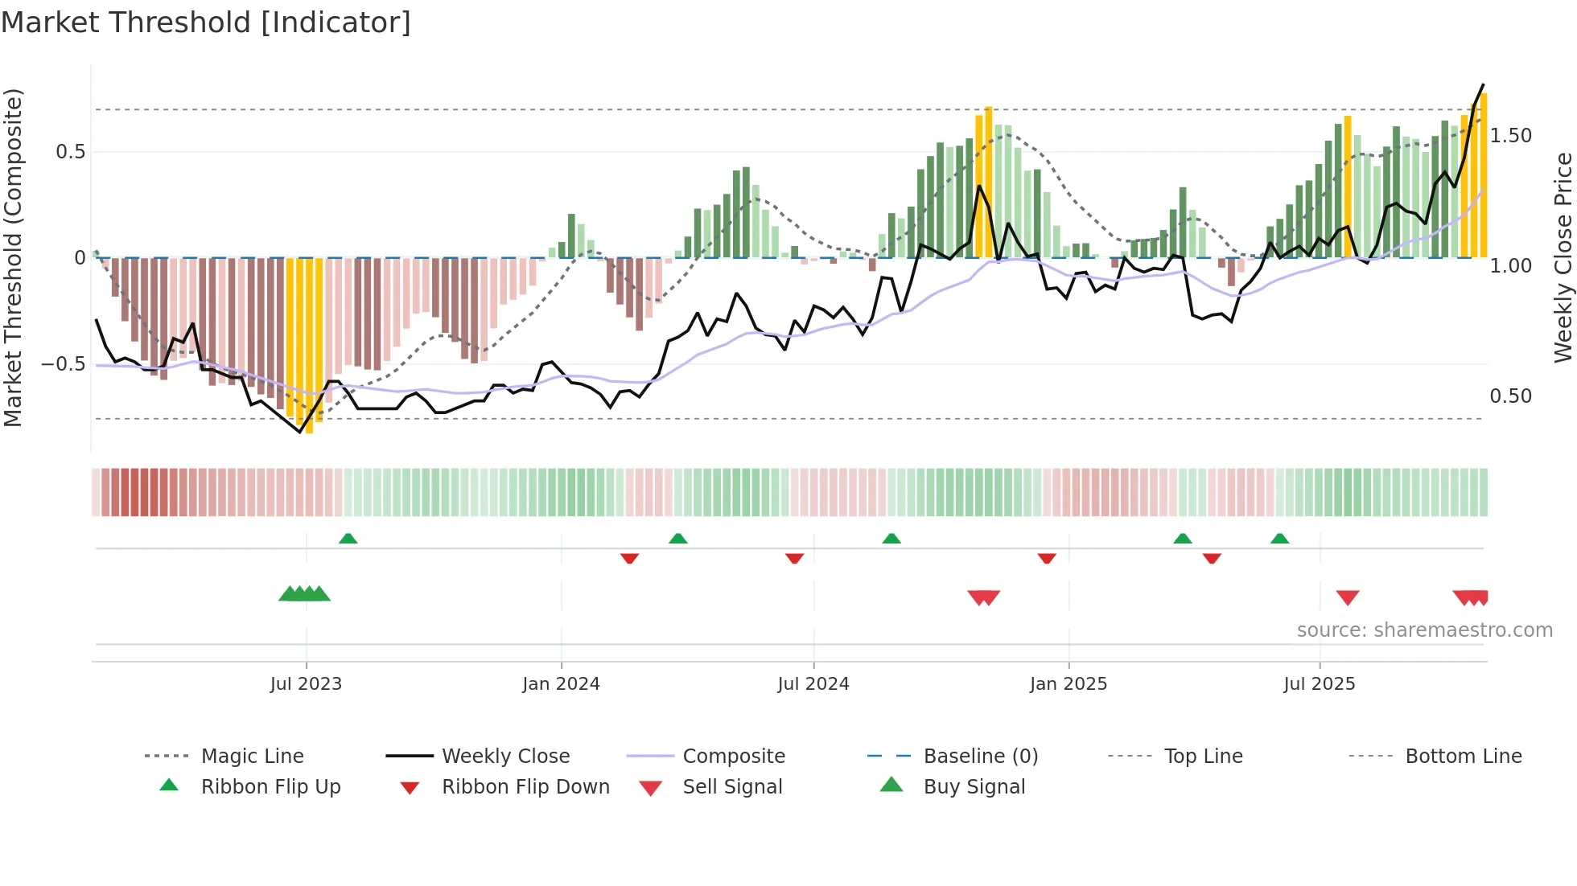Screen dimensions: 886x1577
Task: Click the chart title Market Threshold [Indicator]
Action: [x=206, y=23]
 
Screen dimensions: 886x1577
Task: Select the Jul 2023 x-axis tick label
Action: [x=306, y=684]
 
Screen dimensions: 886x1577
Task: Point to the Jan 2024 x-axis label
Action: [x=561, y=684]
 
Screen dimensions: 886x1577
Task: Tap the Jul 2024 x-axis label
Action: [x=813, y=684]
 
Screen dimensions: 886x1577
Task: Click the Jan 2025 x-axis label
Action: [x=1068, y=684]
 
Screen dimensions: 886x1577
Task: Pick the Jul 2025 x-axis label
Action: [x=1319, y=684]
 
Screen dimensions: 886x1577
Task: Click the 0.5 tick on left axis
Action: [x=70, y=152]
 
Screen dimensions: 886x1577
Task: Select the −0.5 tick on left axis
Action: [x=64, y=364]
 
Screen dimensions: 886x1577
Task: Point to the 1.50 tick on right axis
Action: [x=1510, y=136]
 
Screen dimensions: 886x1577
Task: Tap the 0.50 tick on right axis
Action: [x=1510, y=396]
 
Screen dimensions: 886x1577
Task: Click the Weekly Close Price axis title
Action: [x=1563, y=257]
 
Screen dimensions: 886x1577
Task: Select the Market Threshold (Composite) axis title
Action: [x=13, y=257]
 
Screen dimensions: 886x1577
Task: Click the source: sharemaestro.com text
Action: [x=1424, y=630]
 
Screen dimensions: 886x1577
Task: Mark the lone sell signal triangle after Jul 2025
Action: [x=1348, y=597]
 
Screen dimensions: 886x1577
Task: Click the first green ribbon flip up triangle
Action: [x=348, y=539]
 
